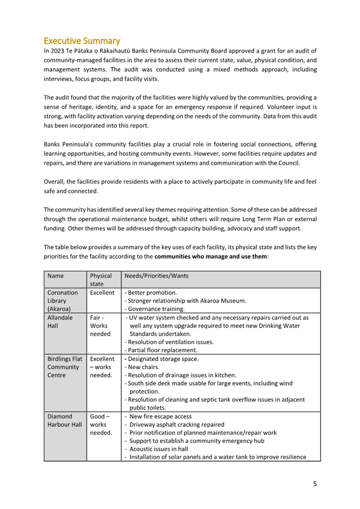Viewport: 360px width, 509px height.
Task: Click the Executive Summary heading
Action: coord(82,41)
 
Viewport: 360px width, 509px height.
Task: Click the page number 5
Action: coord(315,484)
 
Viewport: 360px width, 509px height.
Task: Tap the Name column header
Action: coord(55,276)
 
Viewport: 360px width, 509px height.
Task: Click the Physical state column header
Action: coord(101,280)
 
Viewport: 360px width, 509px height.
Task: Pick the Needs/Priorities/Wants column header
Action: coord(156,276)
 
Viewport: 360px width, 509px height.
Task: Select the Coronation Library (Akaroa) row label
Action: coord(62,300)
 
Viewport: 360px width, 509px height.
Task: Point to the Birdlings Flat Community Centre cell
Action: coord(65,367)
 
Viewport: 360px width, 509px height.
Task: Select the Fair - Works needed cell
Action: coord(100,325)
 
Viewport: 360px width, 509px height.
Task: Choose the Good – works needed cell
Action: coord(101,424)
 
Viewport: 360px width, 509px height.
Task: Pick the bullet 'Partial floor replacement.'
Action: coord(162,350)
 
